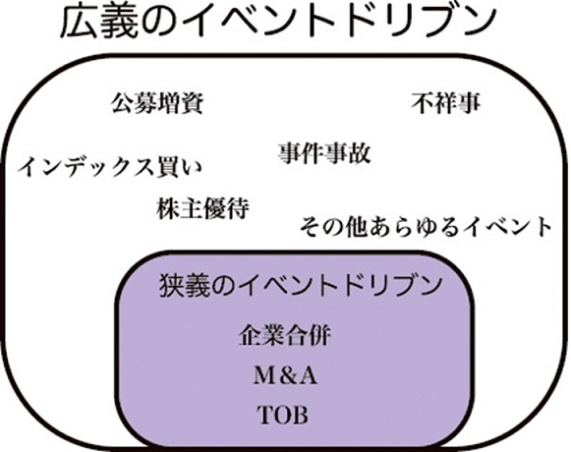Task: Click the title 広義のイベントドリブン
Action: coord(278,22)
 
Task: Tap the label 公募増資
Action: coord(157,103)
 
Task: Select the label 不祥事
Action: coord(446,103)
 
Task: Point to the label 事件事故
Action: coord(324,153)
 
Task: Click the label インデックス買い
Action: coord(110,168)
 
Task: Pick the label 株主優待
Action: coord(202,208)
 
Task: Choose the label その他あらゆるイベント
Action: coord(426,227)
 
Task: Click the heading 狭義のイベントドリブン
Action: coord(301,286)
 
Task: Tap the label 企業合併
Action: coord(284,335)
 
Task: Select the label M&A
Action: coord(285,375)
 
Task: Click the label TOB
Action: coord(283,415)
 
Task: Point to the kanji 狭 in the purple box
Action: coord(171,286)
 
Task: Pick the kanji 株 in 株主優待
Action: coord(168,208)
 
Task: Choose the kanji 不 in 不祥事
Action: coord(424,103)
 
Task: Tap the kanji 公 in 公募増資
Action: coord(122,103)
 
